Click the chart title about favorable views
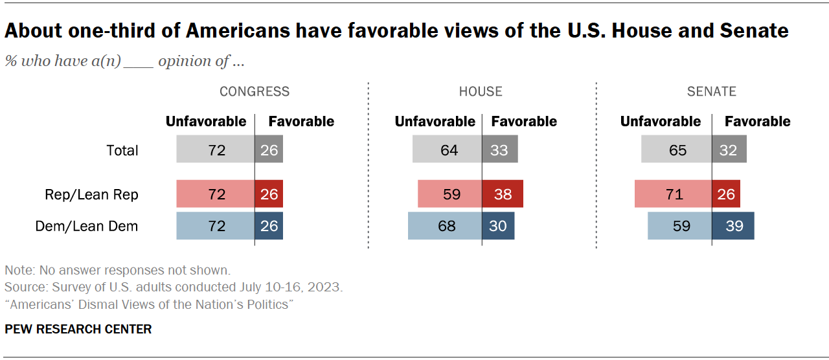(x=396, y=30)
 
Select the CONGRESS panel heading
(x=255, y=91)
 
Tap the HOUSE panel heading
(x=481, y=91)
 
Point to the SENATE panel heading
(x=711, y=91)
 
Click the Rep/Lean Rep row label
(x=91, y=194)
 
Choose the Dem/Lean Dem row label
(x=86, y=226)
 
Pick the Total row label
(x=122, y=150)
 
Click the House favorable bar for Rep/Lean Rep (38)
(x=503, y=194)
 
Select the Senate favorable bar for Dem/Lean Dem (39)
(x=732, y=226)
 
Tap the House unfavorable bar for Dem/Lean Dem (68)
(x=445, y=226)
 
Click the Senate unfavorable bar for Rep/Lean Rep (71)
(x=673, y=194)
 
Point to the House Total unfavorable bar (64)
(x=447, y=150)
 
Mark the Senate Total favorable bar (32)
(x=729, y=150)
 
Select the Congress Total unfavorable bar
(x=216, y=150)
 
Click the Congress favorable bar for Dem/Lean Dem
(x=269, y=226)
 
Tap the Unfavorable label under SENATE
(x=660, y=121)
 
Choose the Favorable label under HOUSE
(x=524, y=121)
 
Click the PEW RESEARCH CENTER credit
(x=78, y=329)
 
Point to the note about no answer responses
(x=117, y=270)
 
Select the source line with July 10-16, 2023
(x=174, y=287)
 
